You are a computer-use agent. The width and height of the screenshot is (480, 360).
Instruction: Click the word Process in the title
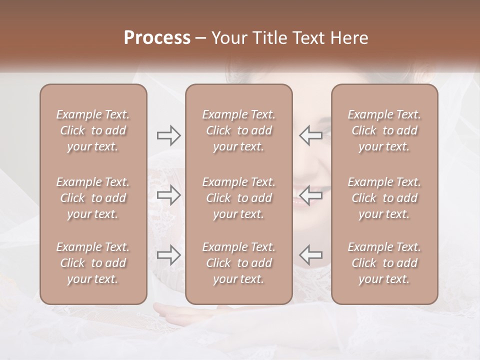coord(157,38)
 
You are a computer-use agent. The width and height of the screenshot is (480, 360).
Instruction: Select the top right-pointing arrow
coord(168,135)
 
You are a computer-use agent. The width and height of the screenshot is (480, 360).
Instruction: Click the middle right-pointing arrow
coord(168,195)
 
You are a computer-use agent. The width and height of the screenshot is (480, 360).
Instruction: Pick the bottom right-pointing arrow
coord(168,255)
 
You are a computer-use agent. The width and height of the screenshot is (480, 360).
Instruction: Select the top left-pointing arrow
coord(311,135)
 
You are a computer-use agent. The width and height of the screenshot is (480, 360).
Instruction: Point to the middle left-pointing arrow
coord(311,195)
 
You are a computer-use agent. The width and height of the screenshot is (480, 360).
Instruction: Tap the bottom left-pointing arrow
coord(311,255)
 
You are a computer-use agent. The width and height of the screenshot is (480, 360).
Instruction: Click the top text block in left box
coord(93,130)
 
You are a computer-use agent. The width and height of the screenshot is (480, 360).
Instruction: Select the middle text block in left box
coord(93,198)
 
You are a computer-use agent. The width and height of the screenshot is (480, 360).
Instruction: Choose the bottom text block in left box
coord(93,263)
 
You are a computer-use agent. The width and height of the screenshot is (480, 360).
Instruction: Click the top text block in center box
coord(238,130)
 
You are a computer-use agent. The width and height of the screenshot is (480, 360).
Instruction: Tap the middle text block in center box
coord(238,198)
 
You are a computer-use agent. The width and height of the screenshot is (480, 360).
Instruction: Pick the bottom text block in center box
coord(238,263)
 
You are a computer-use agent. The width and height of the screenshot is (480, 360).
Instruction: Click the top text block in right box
coord(384,130)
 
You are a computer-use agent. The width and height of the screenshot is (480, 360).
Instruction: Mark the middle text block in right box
coord(384,198)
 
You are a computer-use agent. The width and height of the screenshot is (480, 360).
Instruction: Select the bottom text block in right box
coord(384,263)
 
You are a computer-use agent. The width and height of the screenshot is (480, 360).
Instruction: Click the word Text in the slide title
coord(310,38)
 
